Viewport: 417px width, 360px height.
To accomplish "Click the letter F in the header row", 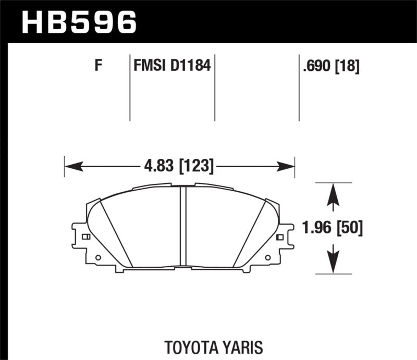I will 97,66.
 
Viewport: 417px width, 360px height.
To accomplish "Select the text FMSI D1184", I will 172,66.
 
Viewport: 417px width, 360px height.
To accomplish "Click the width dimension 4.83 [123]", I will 178,166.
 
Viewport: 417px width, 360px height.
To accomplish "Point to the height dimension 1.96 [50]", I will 332,227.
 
